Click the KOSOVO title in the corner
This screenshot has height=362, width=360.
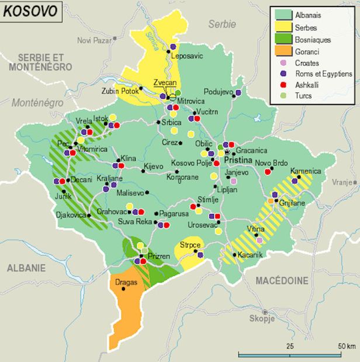pos(32,11)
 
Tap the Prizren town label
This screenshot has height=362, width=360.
pos(159,256)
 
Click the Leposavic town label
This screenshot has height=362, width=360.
pos(188,56)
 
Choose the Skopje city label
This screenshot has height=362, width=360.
pos(261,319)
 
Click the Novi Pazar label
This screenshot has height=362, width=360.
pos(94,40)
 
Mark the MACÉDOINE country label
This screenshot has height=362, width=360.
pos(282,281)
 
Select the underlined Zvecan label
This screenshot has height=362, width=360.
pos(164,83)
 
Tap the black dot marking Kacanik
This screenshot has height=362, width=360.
pos(234,254)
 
